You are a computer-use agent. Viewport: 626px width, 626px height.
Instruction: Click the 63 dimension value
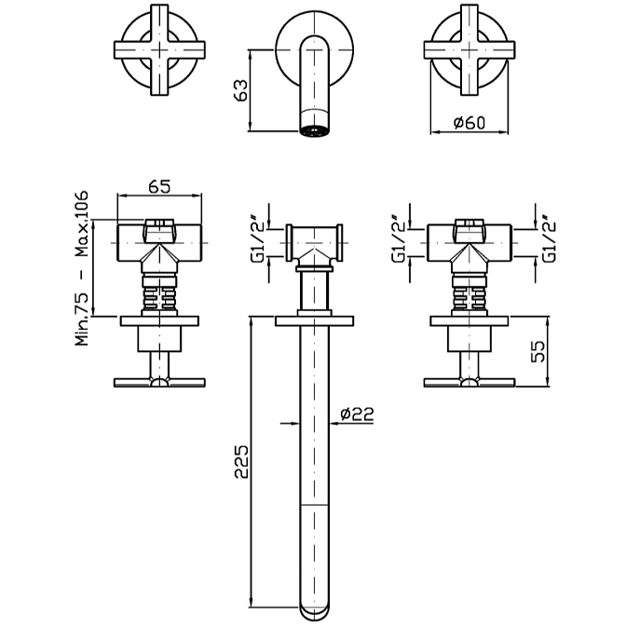click(x=242, y=90)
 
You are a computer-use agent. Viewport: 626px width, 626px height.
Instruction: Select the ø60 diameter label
click(x=469, y=123)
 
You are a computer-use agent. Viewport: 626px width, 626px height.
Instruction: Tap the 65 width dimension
click(x=159, y=186)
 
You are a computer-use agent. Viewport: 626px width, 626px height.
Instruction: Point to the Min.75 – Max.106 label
click(x=81, y=268)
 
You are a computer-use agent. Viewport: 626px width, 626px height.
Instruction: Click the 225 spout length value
click(x=241, y=461)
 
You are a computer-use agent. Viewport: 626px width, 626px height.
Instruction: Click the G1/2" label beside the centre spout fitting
click(x=258, y=240)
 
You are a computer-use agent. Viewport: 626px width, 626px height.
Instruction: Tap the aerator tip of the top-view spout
click(x=314, y=131)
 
